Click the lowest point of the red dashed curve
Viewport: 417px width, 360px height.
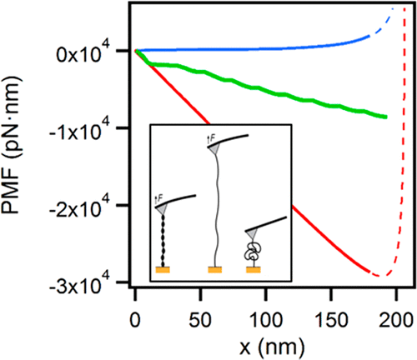click(378, 275)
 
